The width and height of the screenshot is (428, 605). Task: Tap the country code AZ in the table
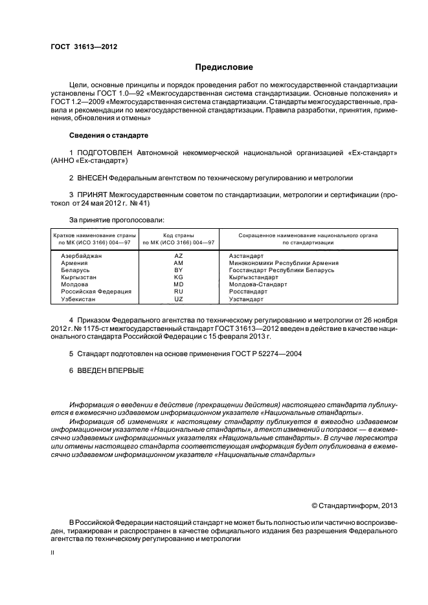(x=179, y=256)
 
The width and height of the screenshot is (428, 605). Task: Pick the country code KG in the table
(x=179, y=277)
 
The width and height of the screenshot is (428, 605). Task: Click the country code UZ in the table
(x=179, y=299)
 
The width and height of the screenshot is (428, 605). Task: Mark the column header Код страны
(x=179, y=235)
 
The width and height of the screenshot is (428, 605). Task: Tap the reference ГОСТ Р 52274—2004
(x=260, y=354)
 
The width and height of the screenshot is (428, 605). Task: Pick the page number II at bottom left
(x=54, y=553)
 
